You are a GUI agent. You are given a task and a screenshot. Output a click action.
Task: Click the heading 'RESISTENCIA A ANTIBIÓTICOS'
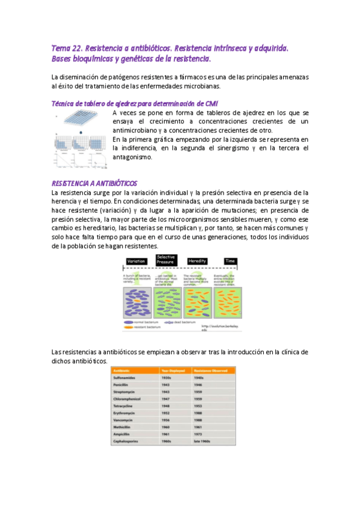coord(95,183)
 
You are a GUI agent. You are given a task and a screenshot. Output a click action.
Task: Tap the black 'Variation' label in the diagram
coord(138,262)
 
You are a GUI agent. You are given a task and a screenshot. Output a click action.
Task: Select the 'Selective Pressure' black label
coord(165,260)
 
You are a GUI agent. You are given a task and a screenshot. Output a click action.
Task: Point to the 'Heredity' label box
coord(197,262)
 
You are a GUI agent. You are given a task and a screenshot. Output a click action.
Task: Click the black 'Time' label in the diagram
coord(230,262)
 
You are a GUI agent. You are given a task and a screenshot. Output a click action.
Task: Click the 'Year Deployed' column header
coord(171,370)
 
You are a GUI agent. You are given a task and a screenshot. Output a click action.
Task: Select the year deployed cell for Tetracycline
coord(166,405)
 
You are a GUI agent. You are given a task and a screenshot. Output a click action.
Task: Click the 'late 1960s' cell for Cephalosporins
coord(203,441)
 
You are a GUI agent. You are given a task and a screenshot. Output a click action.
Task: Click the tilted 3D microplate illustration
coord(81,123)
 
